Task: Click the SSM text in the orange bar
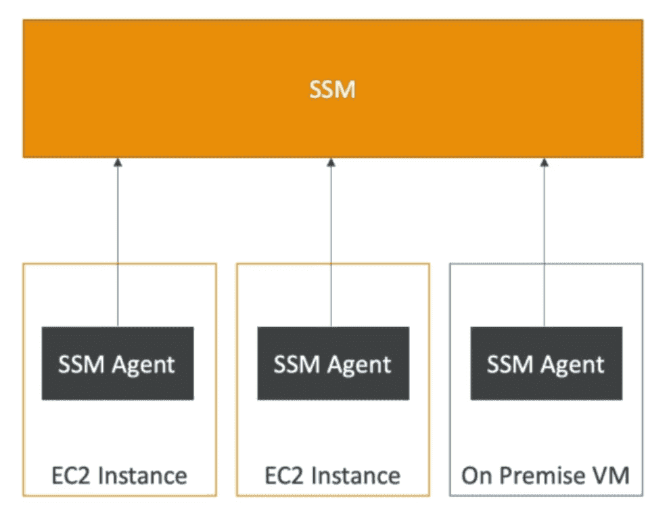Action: tap(332, 89)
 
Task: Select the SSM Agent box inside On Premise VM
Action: tap(546, 364)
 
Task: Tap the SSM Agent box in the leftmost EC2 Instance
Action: tap(118, 364)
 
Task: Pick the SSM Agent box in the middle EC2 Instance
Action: tap(332, 364)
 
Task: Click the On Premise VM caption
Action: tap(545, 475)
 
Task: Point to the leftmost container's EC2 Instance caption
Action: tap(118, 475)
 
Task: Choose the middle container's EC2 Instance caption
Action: tap(332, 475)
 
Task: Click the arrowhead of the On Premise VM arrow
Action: tap(545, 162)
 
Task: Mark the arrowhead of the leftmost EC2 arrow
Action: tap(118, 162)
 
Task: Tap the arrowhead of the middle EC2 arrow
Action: tap(331, 162)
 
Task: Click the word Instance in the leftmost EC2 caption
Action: tap(141, 475)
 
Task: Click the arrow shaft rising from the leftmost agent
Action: tap(118, 244)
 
